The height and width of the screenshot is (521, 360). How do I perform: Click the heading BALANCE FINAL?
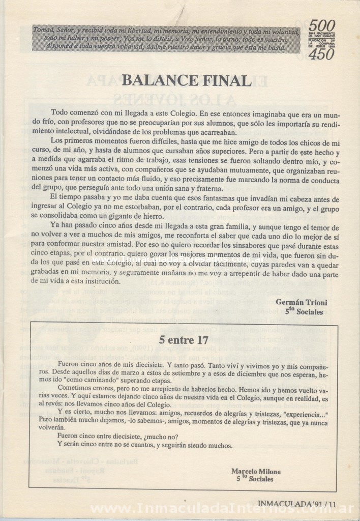pos(187,81)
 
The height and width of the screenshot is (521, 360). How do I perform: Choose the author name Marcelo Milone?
pos(256,471)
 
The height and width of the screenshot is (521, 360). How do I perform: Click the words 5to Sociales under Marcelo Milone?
pos(255,479)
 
